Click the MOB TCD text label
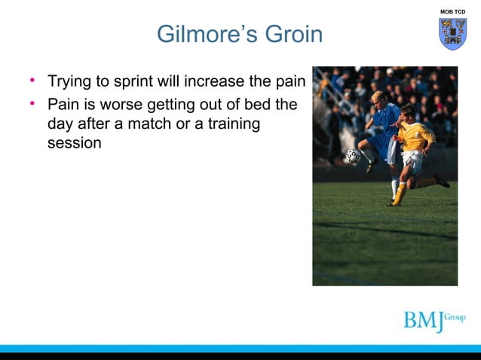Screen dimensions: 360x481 point(453,11)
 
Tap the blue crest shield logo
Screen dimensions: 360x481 point(453,34)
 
